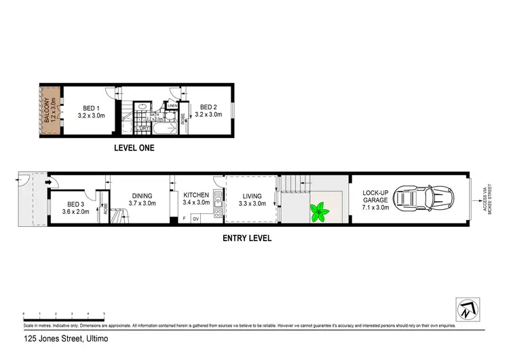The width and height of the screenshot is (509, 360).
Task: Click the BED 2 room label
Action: (208, 111)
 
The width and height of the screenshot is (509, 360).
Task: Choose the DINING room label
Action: (143, 199)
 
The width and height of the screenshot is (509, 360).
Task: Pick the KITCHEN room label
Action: (196, 199)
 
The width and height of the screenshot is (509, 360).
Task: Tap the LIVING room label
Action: (252, 199)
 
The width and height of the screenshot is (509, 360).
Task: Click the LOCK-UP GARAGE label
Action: (375, 198)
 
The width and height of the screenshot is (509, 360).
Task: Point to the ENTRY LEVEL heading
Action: (247, 238)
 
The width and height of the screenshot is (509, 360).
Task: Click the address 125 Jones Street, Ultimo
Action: (66, 338)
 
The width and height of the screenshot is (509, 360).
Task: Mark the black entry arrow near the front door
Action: (50, 182)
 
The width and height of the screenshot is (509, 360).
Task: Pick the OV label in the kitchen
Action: (195, 219)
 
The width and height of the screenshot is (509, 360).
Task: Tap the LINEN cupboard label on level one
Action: (173, 106)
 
